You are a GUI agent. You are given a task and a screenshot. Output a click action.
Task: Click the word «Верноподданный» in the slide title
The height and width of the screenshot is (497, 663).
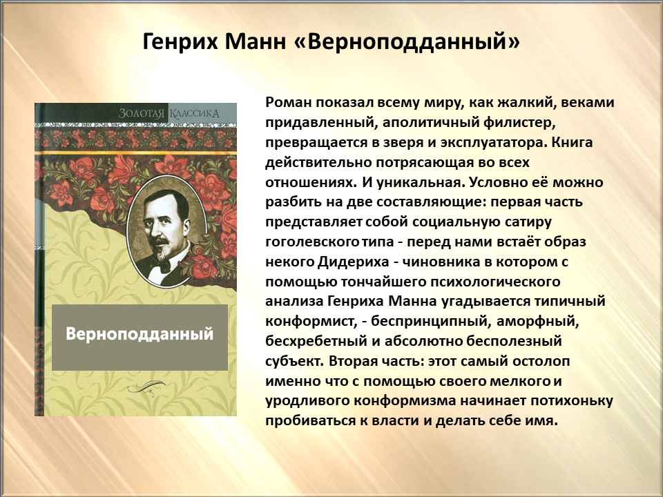pos(406,42)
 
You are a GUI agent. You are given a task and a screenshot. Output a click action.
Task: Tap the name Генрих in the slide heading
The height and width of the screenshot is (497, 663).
pos(180,42)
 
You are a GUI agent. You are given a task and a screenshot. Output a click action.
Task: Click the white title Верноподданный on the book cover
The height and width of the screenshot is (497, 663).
pos(140,334)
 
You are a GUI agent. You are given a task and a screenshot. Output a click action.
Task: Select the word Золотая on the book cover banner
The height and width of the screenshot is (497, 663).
pos(141,113)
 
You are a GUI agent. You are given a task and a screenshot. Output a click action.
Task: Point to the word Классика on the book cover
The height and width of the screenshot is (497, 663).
pos(195,113)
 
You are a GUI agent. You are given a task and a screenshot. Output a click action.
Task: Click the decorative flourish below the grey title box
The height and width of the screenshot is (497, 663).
pos(146,387)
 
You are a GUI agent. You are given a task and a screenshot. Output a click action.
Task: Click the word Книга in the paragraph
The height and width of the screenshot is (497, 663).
pos(572,142)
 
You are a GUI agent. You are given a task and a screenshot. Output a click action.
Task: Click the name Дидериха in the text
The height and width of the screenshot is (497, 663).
pos(353,262)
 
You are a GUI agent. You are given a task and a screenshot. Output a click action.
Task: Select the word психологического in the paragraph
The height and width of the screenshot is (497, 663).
pos(495,282)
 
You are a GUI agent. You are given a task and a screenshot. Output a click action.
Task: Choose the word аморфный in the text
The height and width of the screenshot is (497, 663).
pos(538,322)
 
